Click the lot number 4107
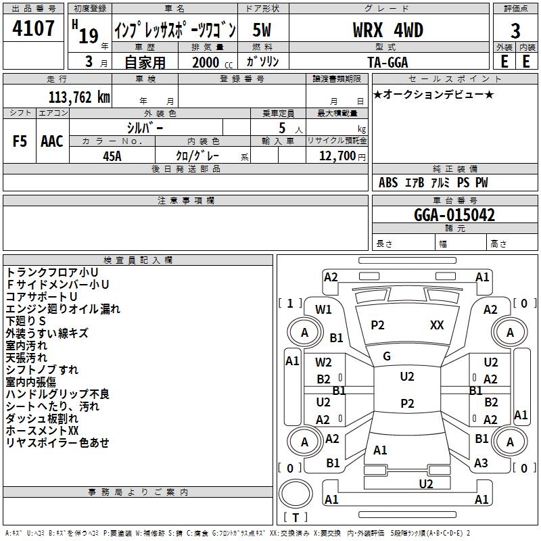[x=33, y=28]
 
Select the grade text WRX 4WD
[x=387, y=30]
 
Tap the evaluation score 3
[x=515, y=31]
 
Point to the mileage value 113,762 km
[x=79, y=97]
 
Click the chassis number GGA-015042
[x=454, y=215]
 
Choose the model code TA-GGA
[x=387, y=62]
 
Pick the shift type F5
[x=20, y=141]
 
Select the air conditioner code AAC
[x=52, y=141]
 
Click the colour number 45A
[x=112, y=156]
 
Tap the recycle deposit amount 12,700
[x=337, y=156]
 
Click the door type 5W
[x=262, y=30]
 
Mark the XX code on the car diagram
[x=437, y=325]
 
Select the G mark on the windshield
[x=387, y=356]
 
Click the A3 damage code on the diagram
[x=481, y=463]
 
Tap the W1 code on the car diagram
[x=323, y=310]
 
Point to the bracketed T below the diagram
[x=296, y=517]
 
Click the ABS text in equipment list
[x=388, y=183]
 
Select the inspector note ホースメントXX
[x=42, y=431]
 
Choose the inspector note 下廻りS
[x=26, y=321]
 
